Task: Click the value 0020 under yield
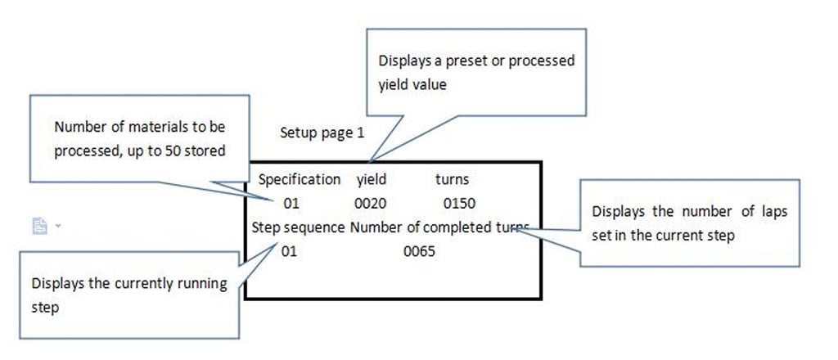point(372,203)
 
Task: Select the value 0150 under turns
point(458,203)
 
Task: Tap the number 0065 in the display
point(419,251)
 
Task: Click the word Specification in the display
point(300,179)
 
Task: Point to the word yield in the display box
point(372,179)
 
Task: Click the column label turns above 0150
point(452,179)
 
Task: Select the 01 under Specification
point(292,203)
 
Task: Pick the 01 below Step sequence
point(289,251)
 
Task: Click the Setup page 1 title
point(322,133)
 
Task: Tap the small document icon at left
point(39,226)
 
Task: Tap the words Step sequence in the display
point(298,227)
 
